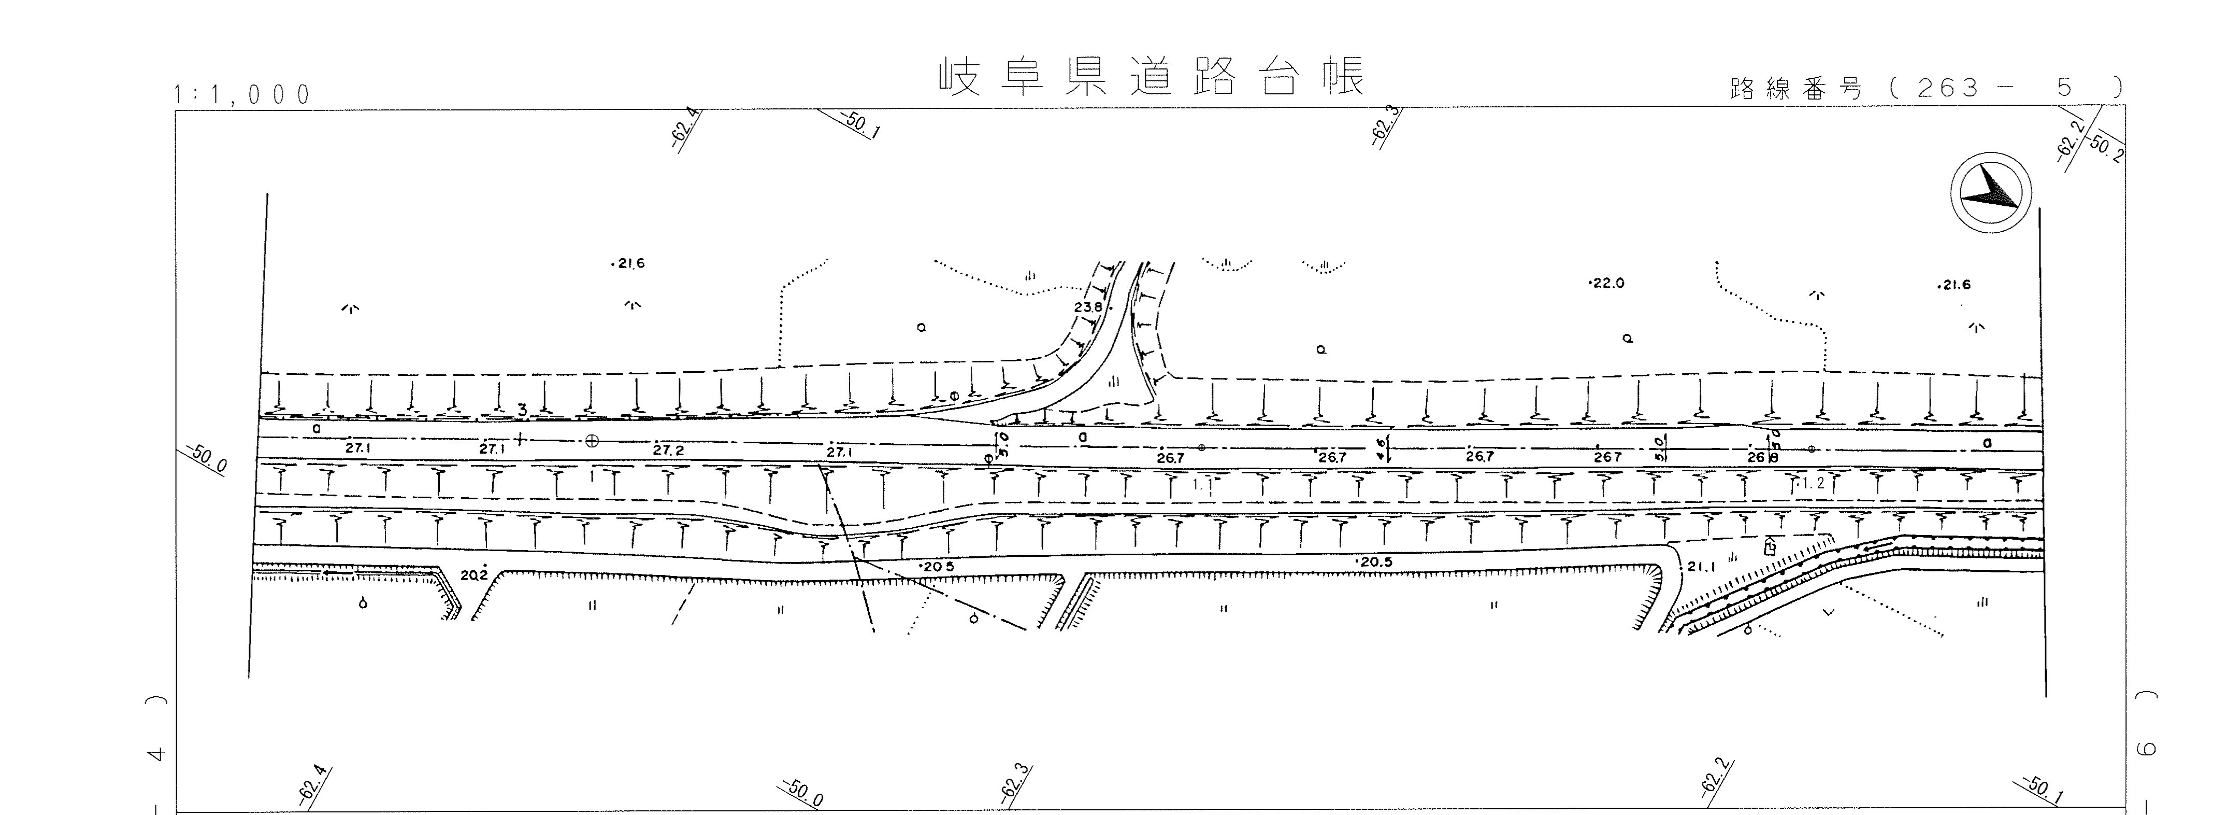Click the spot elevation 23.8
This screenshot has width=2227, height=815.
pos(1087,307)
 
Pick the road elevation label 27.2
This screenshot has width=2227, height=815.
pos(668,451)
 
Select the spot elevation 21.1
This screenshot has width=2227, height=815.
pos(1701,568)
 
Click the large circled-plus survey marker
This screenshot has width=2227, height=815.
pos(592,440)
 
